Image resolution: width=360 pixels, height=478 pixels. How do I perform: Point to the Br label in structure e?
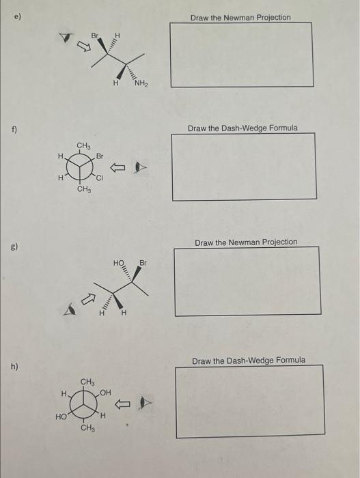coord(96,33)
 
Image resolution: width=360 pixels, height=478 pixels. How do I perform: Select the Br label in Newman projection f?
coord(99,156)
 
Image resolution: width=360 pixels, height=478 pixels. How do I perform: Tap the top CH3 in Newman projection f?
coord(83,145)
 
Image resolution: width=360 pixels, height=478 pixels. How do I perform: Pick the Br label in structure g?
coord(143,263)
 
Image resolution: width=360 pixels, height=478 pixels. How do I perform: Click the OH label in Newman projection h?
coord(105,393)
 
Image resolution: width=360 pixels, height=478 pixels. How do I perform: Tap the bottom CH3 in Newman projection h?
coord(87,428)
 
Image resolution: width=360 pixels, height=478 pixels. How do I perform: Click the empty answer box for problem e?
coord(241,55)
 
